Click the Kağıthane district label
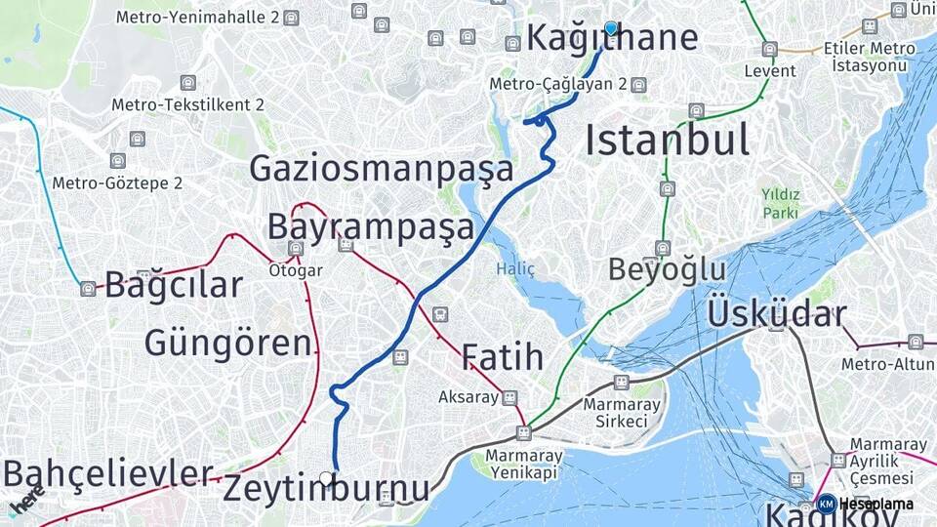coord(612,39)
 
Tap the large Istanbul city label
coord(667,141)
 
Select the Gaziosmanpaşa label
coord(381,168)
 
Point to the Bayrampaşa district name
coord(370,226)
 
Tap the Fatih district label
coord(502,357)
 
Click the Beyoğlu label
coord(668,269)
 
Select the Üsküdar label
coord(776,314)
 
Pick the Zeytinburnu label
coord(326,489)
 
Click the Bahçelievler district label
coord(107,473)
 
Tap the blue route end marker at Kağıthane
coord(611,28)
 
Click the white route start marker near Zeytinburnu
coord(327,478)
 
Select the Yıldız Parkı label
coord(781,203)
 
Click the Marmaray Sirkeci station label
coord(622,413)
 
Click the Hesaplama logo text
coord(876,505)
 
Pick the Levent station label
coord(769,71)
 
